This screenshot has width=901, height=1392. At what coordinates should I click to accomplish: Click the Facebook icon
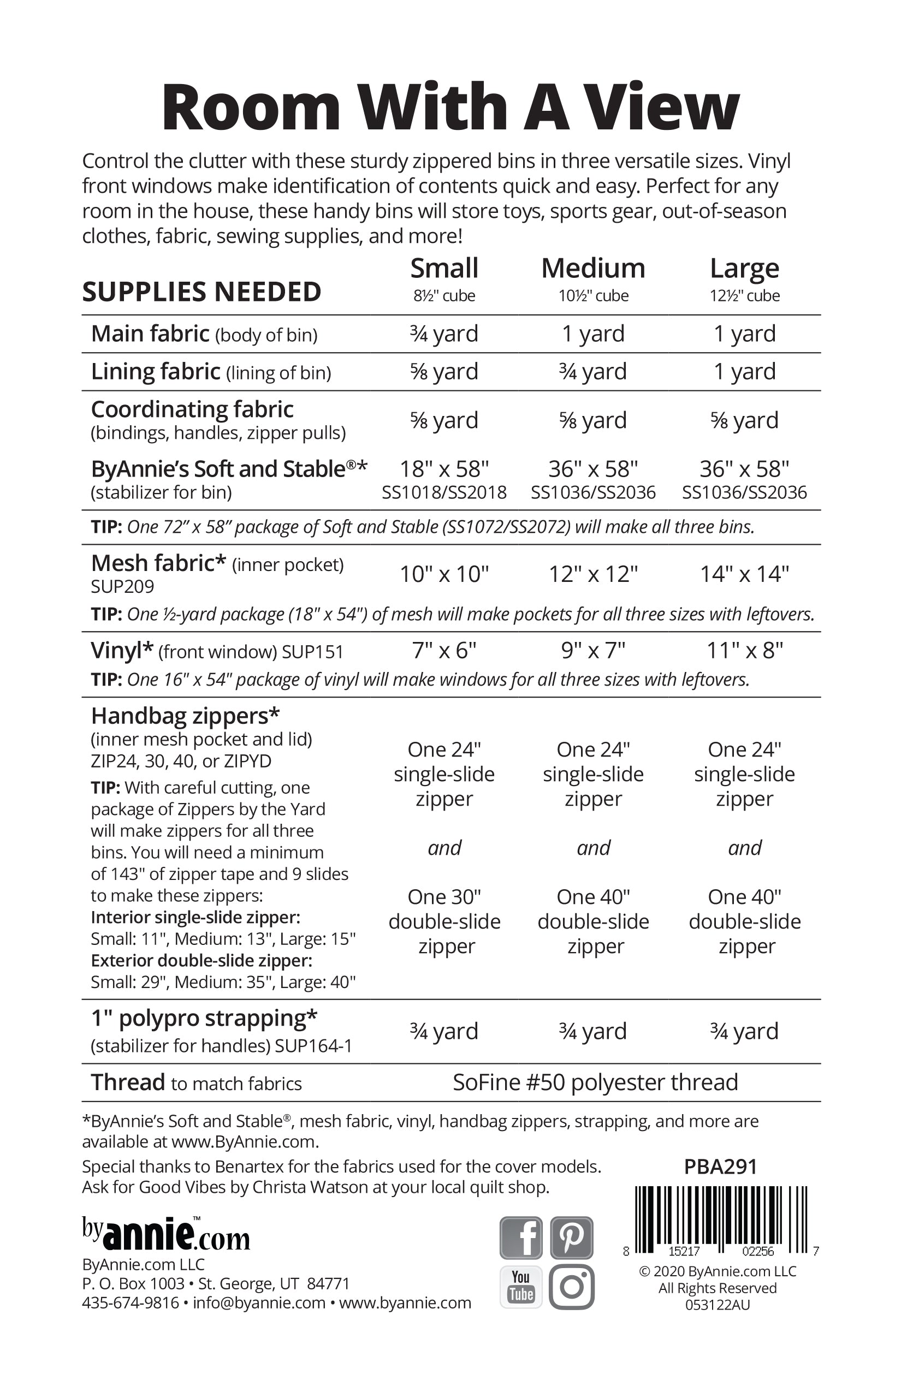pyautogui.click(x=521, y=1237)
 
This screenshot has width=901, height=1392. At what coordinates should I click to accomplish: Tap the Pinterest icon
pyautogui.click(x=572, y=1237)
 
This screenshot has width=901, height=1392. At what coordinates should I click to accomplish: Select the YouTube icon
pyautogui.click(x=521, y=1286)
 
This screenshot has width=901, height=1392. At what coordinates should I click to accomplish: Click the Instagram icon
pyautogui.click(x=572, y=1286)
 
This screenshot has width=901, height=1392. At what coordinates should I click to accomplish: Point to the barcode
pyautogui.click(x=721, y=1220)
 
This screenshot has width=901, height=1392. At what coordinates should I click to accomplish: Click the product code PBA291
pyautogui.click(x=720, y=1166)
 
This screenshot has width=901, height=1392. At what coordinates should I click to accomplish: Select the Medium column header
pyautogui.click(x=592, y=269)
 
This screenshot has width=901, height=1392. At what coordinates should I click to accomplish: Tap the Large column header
pyautogui.click(x=744, y=269)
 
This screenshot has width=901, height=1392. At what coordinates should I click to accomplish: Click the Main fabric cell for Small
pyautogui.click(x=444, y=334)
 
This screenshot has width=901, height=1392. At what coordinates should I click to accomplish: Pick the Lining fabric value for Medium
pyautogui.click(x=592, y=371)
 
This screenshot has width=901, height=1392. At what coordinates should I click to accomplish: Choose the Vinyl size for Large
pyautogui.click(x=744, y=650)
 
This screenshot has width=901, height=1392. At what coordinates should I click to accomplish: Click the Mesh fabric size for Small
pyautogui.click(x=444, y=574)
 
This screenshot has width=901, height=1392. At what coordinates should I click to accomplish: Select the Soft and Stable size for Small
pyautogui.click(x=444, y=469)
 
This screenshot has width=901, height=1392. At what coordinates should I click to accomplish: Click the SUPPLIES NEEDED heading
pyautogui.click(x=202, y=292)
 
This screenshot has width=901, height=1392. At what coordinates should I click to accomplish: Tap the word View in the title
pyautogui.click(x=663, y=108)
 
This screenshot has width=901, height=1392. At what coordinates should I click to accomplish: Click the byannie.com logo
pyautogui.click(x=166, y=1234)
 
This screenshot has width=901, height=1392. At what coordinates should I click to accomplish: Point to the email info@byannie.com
pyautogui.click(x=259, y=1302)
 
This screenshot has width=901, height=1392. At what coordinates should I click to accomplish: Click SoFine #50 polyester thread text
pyautogui.click(x=595, y=1082)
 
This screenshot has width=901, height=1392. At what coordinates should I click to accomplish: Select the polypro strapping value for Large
pyautogui.click(x=744, y=1031)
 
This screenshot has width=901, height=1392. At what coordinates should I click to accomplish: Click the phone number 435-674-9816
pyautogui.click(x=131, y=1302)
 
